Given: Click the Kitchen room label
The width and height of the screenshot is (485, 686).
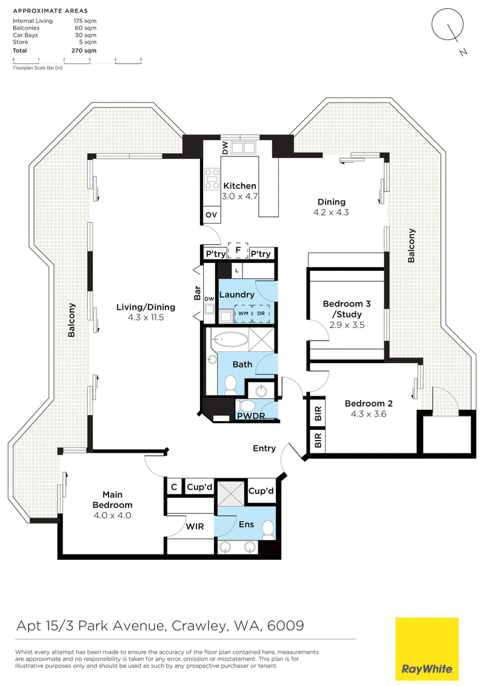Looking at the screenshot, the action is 239,186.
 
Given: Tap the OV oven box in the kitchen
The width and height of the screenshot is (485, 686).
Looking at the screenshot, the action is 212,215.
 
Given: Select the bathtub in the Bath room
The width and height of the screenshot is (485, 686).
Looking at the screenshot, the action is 230,338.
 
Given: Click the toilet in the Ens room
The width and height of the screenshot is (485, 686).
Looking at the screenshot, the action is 268,530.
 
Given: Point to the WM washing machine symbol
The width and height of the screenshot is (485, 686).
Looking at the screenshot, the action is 243,313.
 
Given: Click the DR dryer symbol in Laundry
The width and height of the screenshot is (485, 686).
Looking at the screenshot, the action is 261,313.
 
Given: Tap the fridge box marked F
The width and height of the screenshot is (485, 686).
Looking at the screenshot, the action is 238,250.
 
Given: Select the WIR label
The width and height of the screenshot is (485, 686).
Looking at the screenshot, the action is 195,527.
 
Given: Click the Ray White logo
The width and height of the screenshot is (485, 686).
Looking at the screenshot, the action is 427,649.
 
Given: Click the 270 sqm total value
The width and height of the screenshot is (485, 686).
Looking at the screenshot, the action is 84,50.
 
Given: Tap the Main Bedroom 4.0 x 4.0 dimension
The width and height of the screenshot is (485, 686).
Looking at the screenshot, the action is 113,515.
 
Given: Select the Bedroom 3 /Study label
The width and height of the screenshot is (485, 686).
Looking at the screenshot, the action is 347,309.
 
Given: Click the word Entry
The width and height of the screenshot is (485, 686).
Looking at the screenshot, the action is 264,448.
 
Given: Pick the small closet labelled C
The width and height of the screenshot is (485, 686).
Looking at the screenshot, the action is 174,487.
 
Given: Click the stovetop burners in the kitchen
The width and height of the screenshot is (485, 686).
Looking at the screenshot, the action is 212,179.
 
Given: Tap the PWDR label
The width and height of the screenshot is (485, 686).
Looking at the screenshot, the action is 251,416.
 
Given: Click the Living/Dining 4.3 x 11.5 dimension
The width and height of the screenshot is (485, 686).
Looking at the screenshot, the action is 145,318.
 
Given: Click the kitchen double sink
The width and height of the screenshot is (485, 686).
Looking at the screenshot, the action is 243,147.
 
